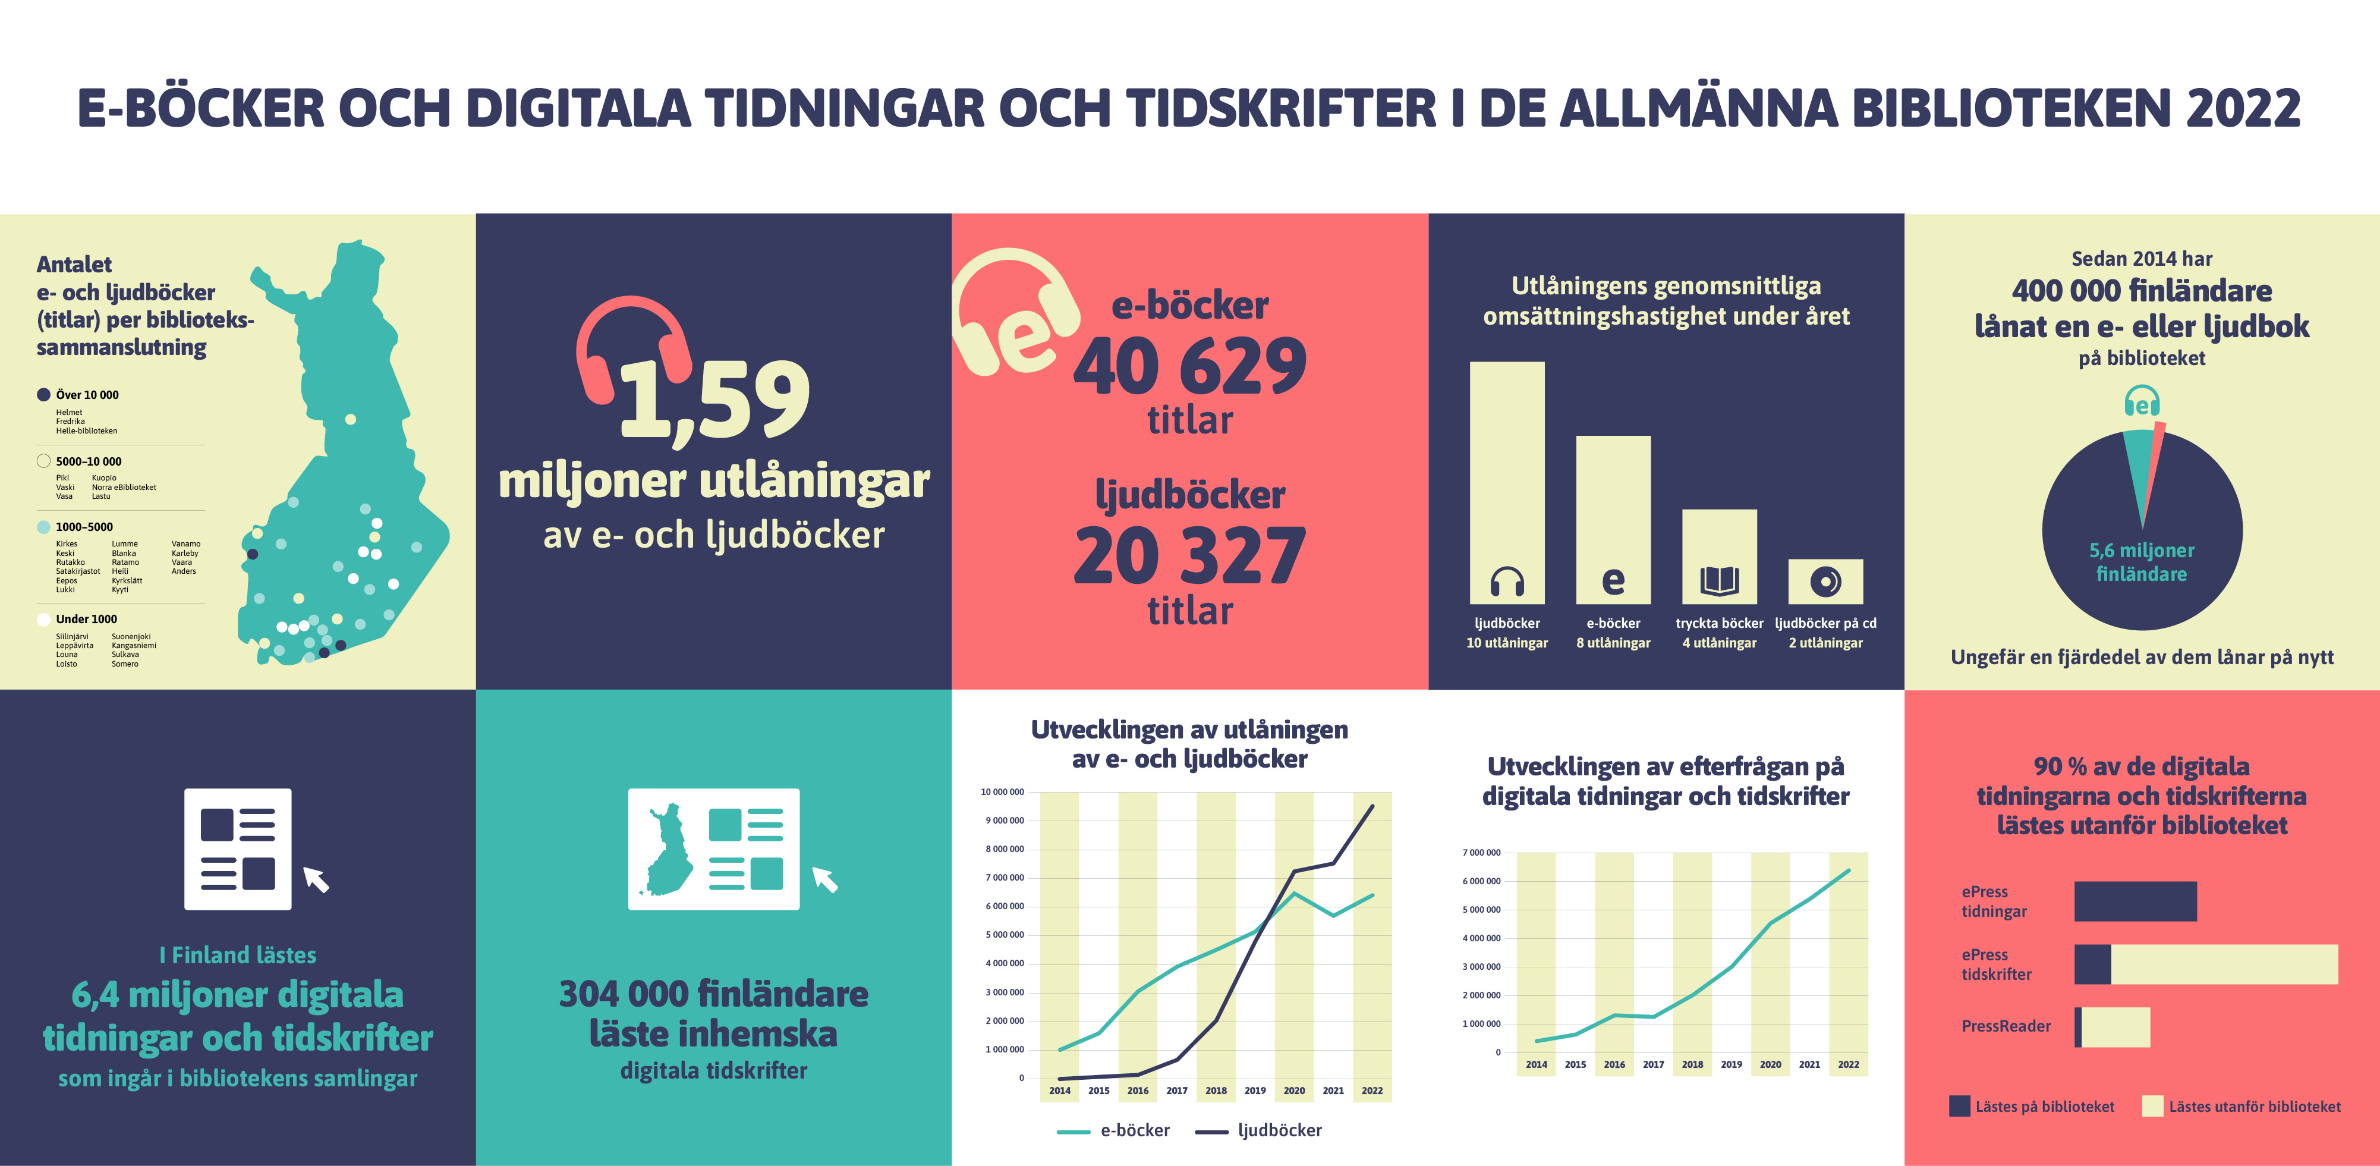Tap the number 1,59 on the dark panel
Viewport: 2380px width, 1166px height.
tap(714, 399)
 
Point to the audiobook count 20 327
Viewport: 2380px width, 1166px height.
tap(1189, 556)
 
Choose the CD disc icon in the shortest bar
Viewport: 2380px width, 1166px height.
tap(1825, 581)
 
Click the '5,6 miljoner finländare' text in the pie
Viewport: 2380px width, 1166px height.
tap(2142, 562)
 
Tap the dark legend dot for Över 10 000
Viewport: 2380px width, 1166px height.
tap(43, 395)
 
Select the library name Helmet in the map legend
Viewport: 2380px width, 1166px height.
tap(70, 412)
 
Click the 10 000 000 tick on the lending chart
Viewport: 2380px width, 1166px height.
tap(1002, 792)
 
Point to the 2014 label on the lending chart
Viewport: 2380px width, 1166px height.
tap(1060, 1090)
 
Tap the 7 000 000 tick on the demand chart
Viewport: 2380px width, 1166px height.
tap(1481, 852)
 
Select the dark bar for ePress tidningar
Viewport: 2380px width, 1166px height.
tap(2135, 901)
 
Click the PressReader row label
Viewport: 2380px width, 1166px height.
tap(2006, 1026)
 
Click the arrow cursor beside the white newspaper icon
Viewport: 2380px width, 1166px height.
tap(316, 879)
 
